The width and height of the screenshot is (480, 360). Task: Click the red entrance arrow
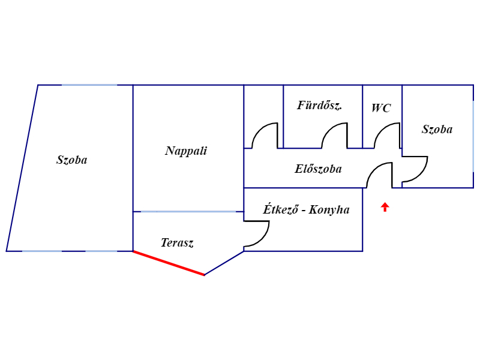tap(385, 207)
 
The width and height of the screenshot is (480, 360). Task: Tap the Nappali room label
tap(186, 151)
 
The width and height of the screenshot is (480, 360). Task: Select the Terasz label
tap(177, 243)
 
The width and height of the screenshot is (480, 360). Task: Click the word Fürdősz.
tap(320, 105)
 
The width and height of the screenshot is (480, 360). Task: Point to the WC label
tap(381, 108)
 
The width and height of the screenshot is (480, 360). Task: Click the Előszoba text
tap(318, 169)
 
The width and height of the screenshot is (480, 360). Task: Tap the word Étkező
tap(280, 209)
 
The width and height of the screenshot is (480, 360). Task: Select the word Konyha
tap(329, 209)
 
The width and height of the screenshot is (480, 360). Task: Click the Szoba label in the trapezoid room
tap(72, 160)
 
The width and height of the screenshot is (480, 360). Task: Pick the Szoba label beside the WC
tap(437, 129)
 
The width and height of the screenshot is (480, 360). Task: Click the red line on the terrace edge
tap(169, 263)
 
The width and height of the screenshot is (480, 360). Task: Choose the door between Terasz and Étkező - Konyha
tap(263, 239)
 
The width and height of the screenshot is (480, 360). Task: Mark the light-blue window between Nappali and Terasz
tap(188, 212)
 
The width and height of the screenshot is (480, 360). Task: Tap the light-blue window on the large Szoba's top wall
tap(89, 85)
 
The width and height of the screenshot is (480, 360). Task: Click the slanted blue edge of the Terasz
tap(224, 263)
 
